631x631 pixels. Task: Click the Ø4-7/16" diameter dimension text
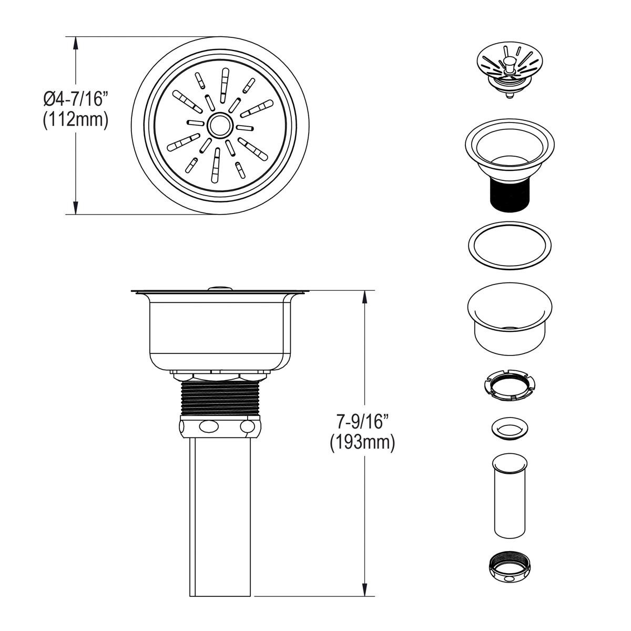coord(76,98)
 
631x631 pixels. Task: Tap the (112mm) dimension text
coord(76,120)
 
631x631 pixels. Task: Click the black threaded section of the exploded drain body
coord(508,194)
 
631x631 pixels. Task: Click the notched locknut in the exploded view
coord(510,386)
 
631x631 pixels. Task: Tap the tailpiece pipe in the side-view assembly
coord(220,505)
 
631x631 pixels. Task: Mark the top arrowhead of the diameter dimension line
coord(76,42)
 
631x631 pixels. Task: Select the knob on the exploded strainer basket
coord(508,65)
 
